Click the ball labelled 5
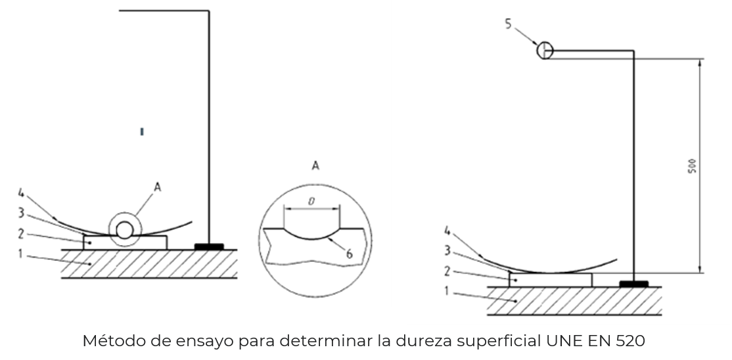pyautogui.click(x=545, y=50)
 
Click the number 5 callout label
pyautogui.click(x=509, y=24)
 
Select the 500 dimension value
pyautogui.click(x=693, y=166)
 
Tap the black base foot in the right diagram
pyautogui.click(x=633, y=284)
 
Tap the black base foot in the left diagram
pyautogui.click(x=209, y=246)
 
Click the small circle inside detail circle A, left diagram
pyautogui.click(x=125, y=230)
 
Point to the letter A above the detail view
pyautogui.click(x=315, y=166)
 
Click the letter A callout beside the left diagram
pyautogui.click(x=157, y=187)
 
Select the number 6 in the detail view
pyautogui.click(x=349, y=254)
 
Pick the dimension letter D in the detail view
pyautogui.click(x=311, y=202)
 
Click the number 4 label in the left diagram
pyautogui.click(x=20, y=193)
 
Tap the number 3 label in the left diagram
pyautogui.click(x=21, y=213)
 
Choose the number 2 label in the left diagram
pyautogui.click(x=20, y=233)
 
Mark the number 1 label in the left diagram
pyautogui.click(x=20, y=254)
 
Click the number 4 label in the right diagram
pyautogui.click(x=447, y=231)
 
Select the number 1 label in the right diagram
pyautogui.click(x=446, y=292)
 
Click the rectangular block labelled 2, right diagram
pyautogui.click(x=551, y=280)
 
